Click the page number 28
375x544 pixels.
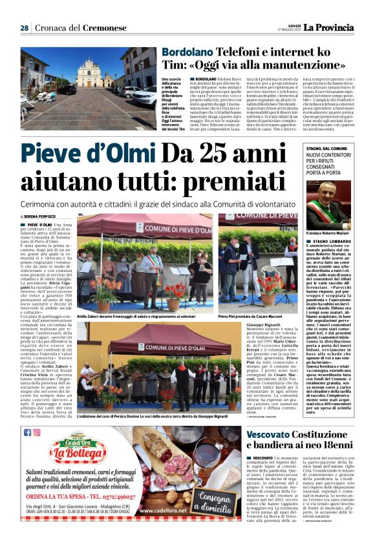coord(25,28)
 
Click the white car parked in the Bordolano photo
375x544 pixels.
coord(145,97)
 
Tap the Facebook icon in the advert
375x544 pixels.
coord(27,432)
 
